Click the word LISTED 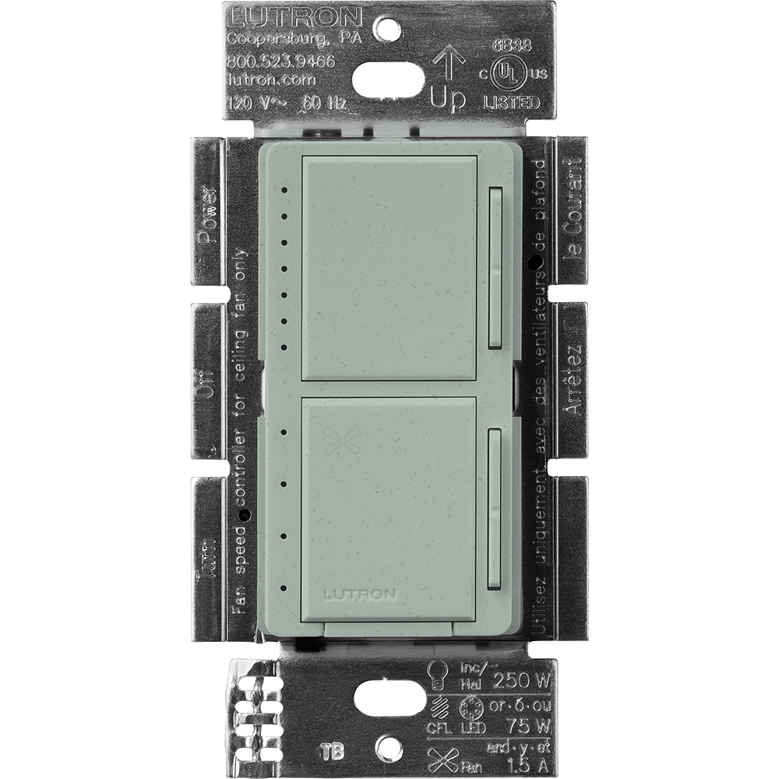(511, 103)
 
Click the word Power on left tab (206, 214)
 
